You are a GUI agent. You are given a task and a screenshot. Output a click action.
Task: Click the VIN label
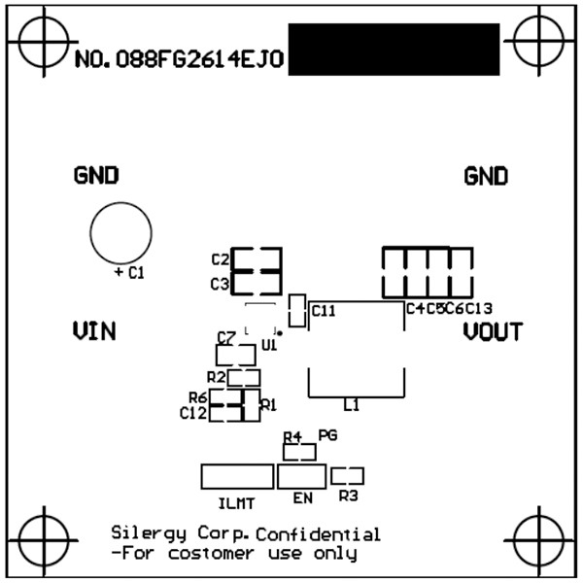point(95,331)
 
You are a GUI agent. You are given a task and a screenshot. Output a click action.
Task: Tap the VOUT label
point(493,331)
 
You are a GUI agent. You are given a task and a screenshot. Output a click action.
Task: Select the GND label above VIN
point(96,176)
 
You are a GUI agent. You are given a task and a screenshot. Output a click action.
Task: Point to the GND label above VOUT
point(486,176)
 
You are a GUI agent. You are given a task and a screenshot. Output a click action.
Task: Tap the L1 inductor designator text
point(352,405)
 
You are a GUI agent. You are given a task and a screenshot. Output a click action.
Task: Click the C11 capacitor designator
point(324,311)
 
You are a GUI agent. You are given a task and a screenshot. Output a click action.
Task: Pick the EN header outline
point(301,476)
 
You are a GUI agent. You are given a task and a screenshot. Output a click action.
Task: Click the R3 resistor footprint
point(347,476)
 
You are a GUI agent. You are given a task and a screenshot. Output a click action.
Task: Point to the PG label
point(327,436)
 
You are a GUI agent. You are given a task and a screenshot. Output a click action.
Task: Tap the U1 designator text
point(270,345)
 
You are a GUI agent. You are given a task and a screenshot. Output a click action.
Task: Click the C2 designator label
point(220,259)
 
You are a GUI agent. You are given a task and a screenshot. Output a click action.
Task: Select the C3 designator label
point(220,284)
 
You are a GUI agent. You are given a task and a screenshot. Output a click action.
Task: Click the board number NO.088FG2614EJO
point(179,59)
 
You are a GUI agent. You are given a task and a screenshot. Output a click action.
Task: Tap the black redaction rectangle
point(394,50)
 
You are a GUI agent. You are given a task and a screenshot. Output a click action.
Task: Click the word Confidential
point(319,533)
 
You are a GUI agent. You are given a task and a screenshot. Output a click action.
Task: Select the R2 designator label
point(217,376)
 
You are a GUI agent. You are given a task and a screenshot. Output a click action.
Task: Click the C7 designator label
point(226,337)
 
